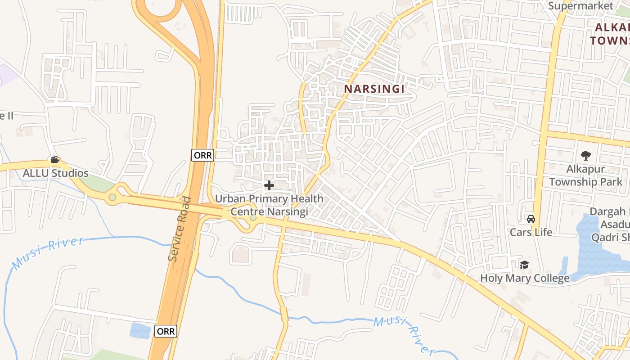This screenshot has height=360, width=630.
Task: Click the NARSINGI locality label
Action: (x=374, y=89)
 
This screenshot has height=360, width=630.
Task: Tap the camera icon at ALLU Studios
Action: (x=55, y=160)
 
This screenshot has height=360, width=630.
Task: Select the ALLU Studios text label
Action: (x=56, y=173)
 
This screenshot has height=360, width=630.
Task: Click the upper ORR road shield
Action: (x=203, y=155)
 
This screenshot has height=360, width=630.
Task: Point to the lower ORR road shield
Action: (x=166, y=331)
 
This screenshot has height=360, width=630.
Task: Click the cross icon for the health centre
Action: (x=269, y=185)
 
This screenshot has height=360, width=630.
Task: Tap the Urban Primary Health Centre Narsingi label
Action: (x=269, y=205)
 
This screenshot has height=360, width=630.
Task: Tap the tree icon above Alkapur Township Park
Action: (x=585, y=156)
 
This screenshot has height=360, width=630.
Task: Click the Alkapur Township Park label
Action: (x=585, y=176)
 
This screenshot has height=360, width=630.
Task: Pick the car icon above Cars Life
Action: (x=531, y=219)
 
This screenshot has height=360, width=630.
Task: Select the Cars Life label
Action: (x=531, y=232)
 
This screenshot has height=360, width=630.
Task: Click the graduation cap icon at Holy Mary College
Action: (x=524, y=265)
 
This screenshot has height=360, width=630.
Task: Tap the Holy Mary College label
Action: (x=525, y=278)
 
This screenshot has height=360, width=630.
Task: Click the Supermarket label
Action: (x=580, y=6)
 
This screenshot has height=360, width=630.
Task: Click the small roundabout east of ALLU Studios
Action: (x=112, y=197)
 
